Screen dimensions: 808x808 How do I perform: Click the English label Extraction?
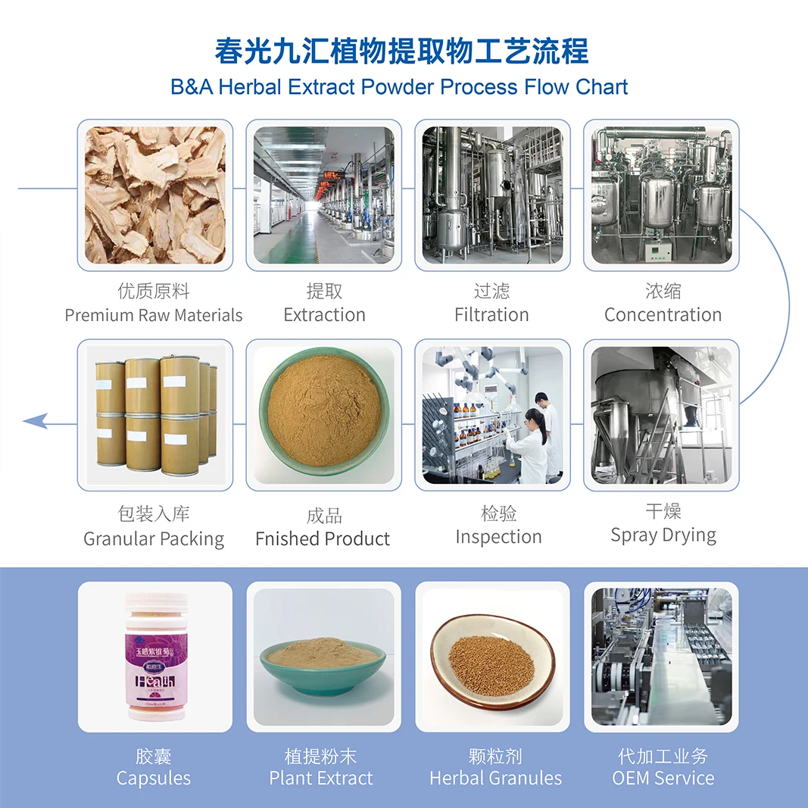324,315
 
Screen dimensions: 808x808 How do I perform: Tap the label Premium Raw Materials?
154,315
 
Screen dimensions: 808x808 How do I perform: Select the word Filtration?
491,315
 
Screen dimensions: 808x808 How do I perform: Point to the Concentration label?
663,315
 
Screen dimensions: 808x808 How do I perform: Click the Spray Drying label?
663,535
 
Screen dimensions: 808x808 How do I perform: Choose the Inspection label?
498,537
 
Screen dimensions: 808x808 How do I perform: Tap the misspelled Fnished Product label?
323,539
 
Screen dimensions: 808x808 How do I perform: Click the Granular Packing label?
154,539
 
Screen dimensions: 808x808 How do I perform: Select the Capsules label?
154,778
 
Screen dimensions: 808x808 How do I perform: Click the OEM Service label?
663,778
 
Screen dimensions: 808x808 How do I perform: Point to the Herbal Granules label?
495,778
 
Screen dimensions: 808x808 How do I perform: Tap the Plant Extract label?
321,778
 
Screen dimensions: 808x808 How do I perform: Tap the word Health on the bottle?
154,681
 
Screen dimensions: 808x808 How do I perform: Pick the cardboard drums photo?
155,415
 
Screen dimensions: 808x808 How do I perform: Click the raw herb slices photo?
155,195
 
